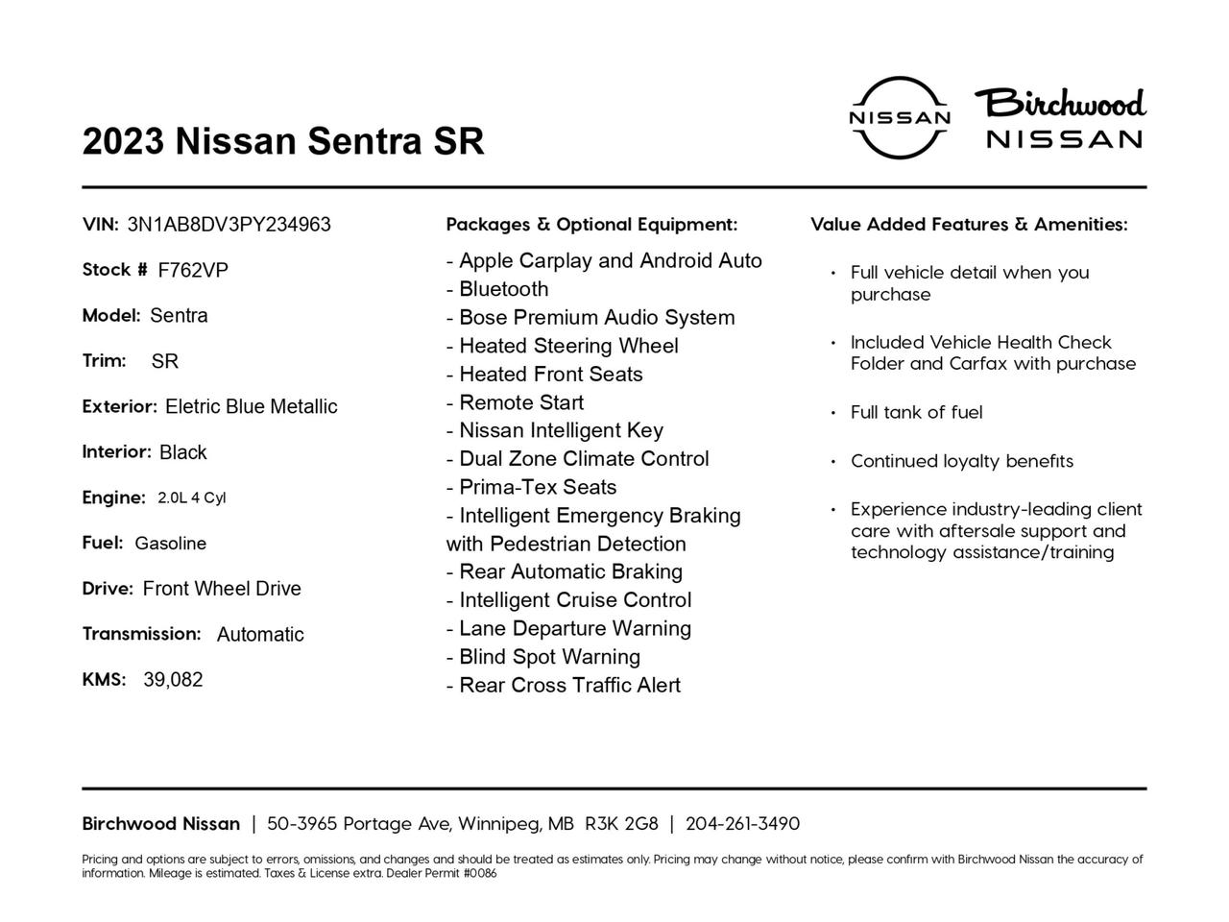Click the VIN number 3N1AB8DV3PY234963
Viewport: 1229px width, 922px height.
click(x=229, y=225)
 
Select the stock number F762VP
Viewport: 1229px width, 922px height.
click(x=193, y=271)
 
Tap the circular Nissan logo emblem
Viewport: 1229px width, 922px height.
click(x=900, y=117)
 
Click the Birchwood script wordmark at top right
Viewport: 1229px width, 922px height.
click(x=1061, y=103)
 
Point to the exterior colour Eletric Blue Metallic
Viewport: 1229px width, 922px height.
click(x=251, y=406)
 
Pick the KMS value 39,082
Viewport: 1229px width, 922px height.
click(x=173, y=680)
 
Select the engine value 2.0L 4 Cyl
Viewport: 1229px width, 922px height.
click(x=191, y=497)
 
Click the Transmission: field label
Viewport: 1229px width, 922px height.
click(x=141, y=634)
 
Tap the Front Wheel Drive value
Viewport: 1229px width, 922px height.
click(x=222, y=589)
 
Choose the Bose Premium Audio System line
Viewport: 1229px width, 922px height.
click(x=590, y=318)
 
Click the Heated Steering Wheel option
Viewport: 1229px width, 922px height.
click(x=563, y=346)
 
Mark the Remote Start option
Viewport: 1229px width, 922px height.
click(x=515, y=402)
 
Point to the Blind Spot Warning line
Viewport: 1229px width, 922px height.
click(x=543, y=657)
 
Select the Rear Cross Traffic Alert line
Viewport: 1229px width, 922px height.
click(x=564, y=686)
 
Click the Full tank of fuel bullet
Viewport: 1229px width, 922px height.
click(x=916, y=413)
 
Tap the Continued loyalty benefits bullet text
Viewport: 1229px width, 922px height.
click(x=961, y=461)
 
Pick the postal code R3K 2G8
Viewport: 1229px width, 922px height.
click(x=621, y=824)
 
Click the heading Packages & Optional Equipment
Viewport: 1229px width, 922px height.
click(x=591, y=225)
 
